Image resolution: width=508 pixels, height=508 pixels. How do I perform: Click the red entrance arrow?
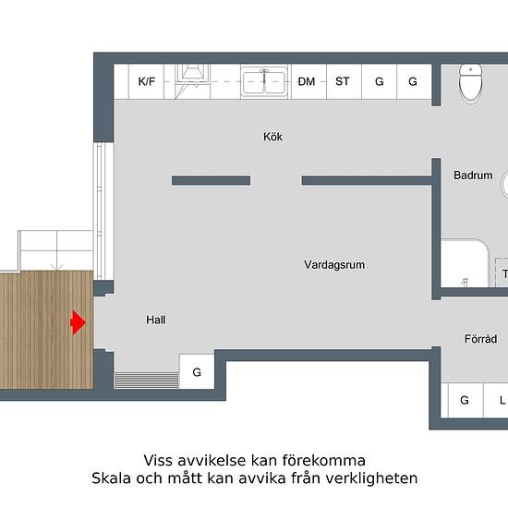(x=79, y=322)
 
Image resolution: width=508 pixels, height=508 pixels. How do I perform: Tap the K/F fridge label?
(x=147, y=81)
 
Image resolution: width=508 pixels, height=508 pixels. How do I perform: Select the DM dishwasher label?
(x=306, y=81)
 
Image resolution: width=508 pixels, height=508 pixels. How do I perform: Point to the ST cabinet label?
(x=343, y=81)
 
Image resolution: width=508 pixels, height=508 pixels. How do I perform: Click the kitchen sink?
(x=264, y=81)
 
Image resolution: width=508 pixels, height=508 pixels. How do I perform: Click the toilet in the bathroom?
(x=470, y=83)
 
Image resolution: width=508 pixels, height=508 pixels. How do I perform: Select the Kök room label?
(x=272, y=137)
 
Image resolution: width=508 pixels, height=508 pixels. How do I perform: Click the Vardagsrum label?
(x=334, y=265)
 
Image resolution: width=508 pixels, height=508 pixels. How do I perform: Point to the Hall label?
(x=156, y=320)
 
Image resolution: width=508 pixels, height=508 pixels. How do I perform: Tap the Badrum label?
(x=473, y=175)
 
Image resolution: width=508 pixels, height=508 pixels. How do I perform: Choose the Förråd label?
(x=481, y=339)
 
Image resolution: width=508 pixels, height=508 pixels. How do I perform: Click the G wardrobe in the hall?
(x=197, y=372)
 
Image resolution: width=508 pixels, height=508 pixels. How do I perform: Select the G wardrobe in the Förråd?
(x=465, y=401)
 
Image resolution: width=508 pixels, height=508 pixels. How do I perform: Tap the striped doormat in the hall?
(x=147, y=380)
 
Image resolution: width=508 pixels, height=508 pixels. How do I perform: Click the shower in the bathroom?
(x=465, y=263)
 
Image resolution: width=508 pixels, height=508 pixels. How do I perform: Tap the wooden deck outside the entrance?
(x=47, y=330)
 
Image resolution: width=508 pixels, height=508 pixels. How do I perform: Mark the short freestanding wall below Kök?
(x=211, y=180)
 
